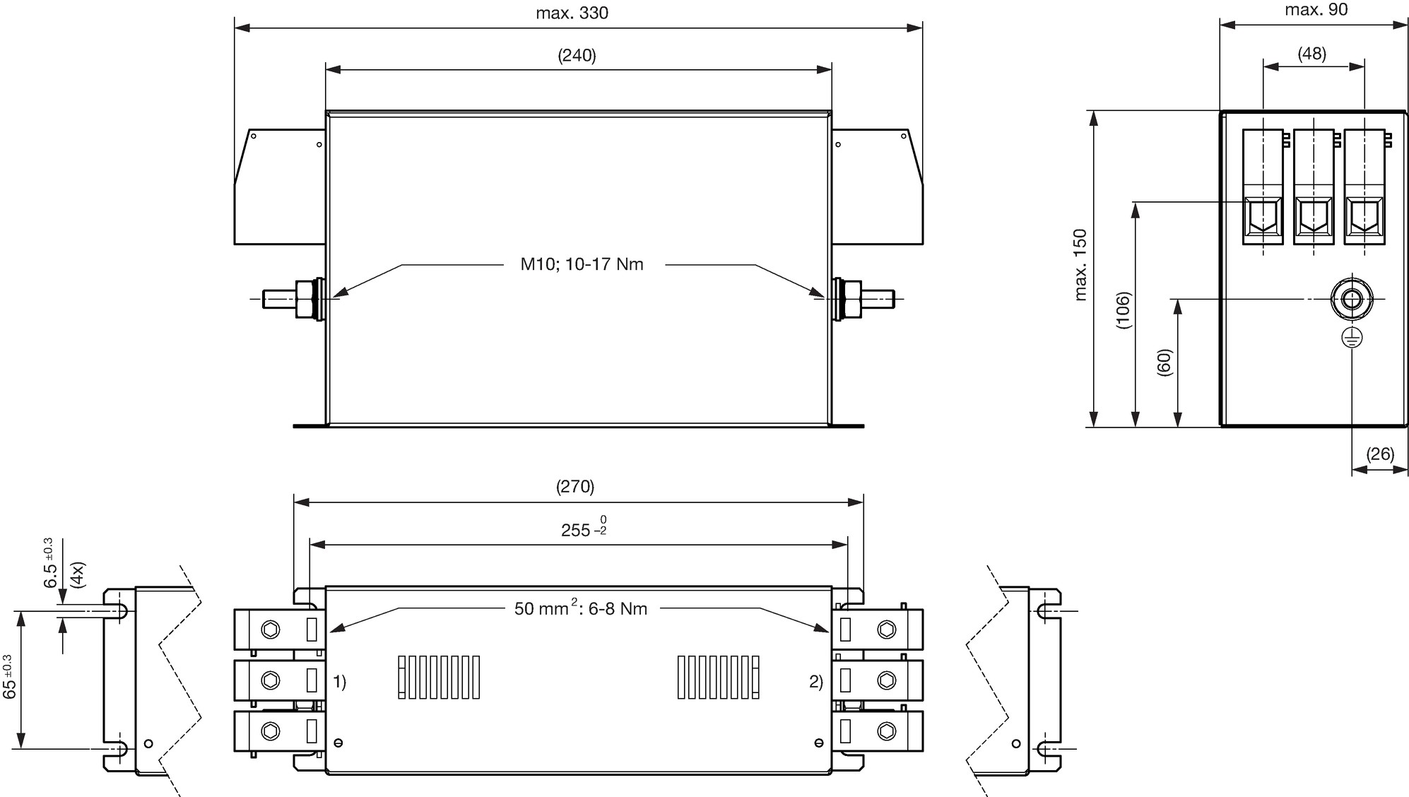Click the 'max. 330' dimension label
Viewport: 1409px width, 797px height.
point(572,13)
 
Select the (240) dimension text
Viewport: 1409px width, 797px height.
point(577,56)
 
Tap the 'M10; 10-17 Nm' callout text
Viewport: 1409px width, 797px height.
point(582,264)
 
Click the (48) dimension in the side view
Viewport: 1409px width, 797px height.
point(1312,54)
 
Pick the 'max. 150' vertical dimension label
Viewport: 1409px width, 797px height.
point(1080,265)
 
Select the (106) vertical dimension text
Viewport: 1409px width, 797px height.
point(1124,310)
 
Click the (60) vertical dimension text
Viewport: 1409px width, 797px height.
point(1165,362)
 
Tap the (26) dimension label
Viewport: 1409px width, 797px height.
point(1380,454)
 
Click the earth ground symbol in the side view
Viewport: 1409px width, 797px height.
point(1352,338)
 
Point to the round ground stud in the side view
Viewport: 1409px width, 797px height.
point(1352,299)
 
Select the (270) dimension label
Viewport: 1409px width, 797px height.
point(575,487)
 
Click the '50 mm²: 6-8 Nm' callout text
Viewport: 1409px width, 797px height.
point(581,608)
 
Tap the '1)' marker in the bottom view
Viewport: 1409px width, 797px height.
point(340,682)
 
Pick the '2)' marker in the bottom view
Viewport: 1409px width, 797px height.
point(816,682)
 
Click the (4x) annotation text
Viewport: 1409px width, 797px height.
point(78,575)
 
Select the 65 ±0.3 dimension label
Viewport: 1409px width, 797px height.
point(9,677)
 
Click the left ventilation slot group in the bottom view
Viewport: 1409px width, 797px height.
point(439,678)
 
